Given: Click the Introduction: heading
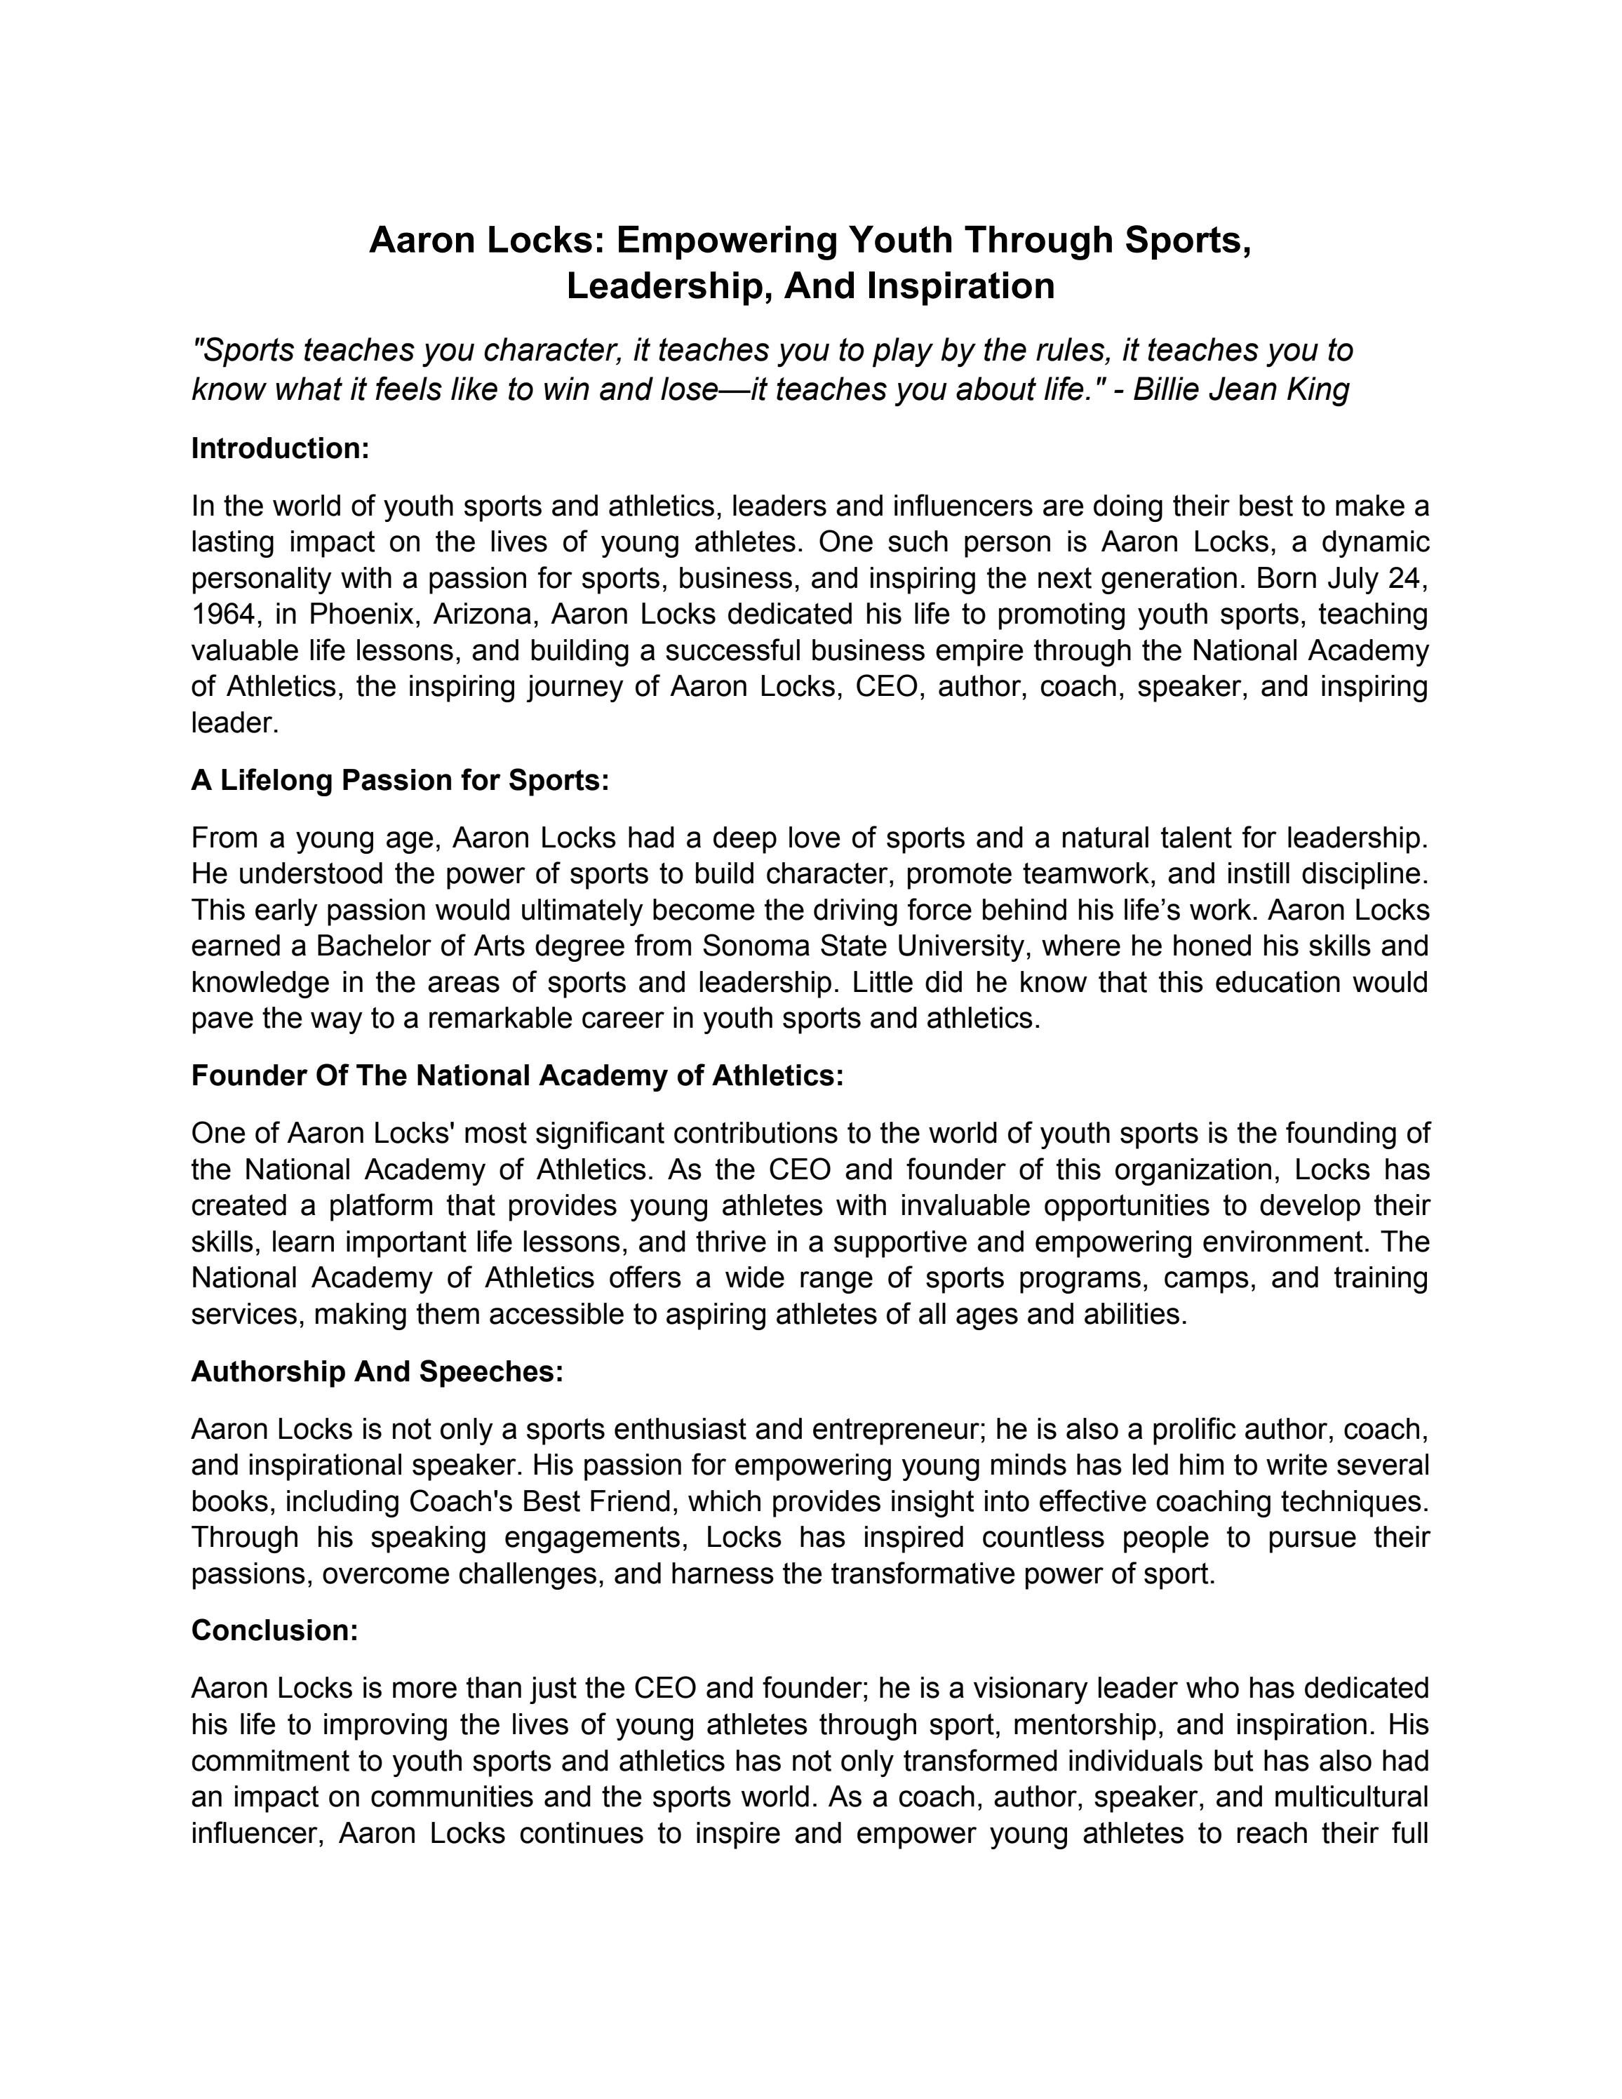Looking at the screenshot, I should (281, 449).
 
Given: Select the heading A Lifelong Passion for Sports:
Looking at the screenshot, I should (400, 780).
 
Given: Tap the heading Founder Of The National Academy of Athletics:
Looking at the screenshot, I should (517, 1075).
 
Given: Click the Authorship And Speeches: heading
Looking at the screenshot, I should (377, 1372).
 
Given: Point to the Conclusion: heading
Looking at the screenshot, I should (275, 1631).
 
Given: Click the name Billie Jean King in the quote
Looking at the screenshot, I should (1242, 389).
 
